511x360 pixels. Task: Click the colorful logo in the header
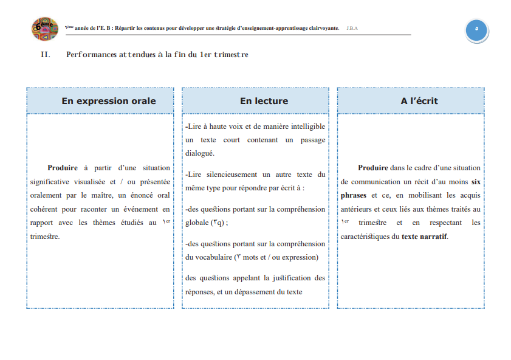44,29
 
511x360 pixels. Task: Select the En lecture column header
255,101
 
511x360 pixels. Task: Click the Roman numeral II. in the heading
45,55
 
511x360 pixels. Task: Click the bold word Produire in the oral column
63,168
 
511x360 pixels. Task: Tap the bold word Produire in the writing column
373,168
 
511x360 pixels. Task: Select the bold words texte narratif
424,236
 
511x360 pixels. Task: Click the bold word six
476,182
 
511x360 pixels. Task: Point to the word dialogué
200,153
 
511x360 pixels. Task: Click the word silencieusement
231,175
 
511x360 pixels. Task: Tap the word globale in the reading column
197,223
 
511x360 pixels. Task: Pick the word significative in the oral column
52,182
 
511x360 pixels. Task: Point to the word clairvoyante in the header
318,29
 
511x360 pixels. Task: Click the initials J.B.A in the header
352,29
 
